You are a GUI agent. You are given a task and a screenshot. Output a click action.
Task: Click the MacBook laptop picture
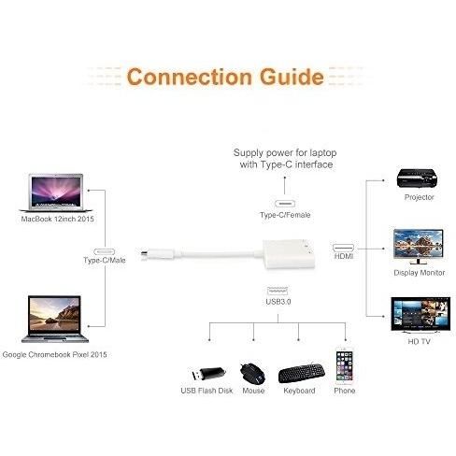coord(57,192)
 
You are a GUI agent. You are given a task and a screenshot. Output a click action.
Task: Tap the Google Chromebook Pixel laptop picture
coord(55,319)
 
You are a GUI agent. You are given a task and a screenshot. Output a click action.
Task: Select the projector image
coord(417,178)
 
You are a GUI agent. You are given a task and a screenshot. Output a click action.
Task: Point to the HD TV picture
coord(420,315)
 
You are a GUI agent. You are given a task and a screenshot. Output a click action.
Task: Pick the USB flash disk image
coord(207,373)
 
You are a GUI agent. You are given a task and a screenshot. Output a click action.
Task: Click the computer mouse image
coord(252,373)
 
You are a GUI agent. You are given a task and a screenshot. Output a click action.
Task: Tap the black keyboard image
coord(301,373)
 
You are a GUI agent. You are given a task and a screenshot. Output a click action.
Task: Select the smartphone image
coord(344,365)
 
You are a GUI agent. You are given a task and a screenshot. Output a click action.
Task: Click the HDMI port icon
coord(343,248)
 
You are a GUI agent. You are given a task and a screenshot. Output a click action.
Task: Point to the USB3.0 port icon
coord(278,291)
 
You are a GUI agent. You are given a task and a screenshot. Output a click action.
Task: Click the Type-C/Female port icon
coord(285,204)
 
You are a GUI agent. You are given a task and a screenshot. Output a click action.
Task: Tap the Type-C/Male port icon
coord(105,251)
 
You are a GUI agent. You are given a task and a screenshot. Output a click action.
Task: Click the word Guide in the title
coord(292,77)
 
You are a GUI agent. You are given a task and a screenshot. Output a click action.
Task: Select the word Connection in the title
coord(190,77)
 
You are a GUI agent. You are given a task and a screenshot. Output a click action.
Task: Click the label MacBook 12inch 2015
coord(57,219)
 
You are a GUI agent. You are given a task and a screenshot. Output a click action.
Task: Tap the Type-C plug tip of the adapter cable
coord(144,253)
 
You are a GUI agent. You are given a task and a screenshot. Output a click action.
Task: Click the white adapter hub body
coord(289,254)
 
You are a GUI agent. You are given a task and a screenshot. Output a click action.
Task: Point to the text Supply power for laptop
coord(285,152)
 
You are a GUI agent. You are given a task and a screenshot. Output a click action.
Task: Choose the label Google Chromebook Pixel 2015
coord(54,354)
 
